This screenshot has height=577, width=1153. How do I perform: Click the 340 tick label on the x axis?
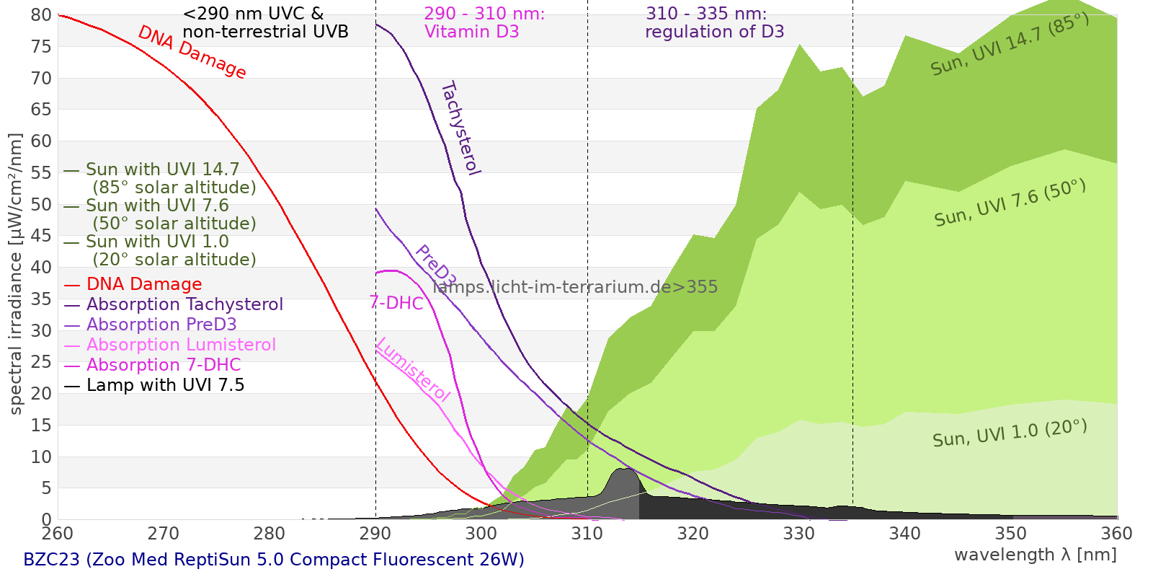coord(905,533)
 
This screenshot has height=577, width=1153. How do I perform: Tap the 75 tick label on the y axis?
coord(41,47)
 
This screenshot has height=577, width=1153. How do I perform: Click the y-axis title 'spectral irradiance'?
coord(16,274)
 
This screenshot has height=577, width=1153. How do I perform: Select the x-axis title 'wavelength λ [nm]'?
coord(1035,555)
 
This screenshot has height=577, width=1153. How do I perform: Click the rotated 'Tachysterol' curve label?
coord(460,128)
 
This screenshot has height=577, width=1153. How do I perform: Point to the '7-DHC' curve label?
coord(396,303)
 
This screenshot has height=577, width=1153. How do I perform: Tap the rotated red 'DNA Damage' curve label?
coord(192,52)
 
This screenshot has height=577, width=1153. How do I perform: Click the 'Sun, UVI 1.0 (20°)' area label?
coord(1010,433)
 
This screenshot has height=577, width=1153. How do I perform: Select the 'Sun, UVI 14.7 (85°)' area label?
coord(1010,44)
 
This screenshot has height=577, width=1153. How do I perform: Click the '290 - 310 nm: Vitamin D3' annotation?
coord(484,23)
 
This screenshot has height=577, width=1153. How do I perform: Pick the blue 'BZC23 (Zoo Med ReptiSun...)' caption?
coord(274,560)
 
